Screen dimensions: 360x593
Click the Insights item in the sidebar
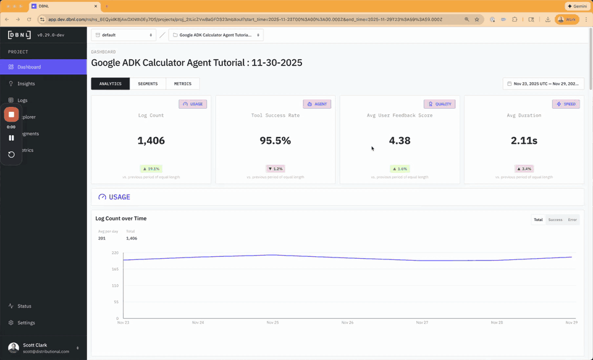(26, 83)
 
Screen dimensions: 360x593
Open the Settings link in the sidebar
(26, 322)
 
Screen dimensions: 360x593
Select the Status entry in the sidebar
(24, 306)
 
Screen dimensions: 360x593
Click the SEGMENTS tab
(148, 83)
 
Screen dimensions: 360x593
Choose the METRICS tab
(182, 83)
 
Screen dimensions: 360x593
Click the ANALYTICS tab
(111, 83)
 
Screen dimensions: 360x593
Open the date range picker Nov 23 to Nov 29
(544, 83)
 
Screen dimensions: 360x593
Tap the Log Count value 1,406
(151, 141)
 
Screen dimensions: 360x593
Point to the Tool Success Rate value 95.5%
(275, 141)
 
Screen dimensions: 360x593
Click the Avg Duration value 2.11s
(524, 141)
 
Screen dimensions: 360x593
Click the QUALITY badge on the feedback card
(440, 104)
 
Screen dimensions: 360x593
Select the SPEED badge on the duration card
(566, 104)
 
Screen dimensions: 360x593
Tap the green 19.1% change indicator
(151, 169)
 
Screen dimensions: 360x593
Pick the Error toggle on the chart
(573, 220)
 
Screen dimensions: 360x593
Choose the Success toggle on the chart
(555, 220)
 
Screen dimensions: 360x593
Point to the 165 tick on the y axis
(114, 269)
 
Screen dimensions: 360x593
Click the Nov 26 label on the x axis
(347, 322)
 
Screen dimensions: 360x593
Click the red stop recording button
(11, 114)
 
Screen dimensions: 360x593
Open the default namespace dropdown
(124, 35)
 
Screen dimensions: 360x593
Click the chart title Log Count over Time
(121, 219)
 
